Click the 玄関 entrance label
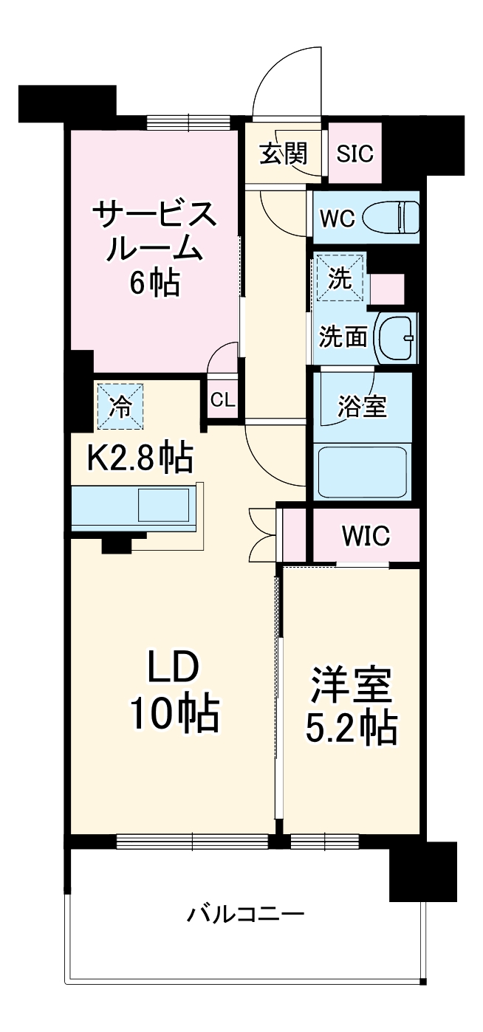[x=282, y=154]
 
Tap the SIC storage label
[x=354, y=154]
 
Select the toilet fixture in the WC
[x=398, y=217]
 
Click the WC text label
[x=338, y=218]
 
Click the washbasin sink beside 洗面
[x=397, y=337]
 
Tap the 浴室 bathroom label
[x=362, y=407]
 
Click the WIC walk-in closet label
[x=365, y=536]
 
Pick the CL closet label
[x=222, y=400]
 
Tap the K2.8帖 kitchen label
[x=140, y=458]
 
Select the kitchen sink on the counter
[x=167, y=507]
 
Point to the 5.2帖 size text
[x=352, y=729]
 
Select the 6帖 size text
[x=154, y=282]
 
